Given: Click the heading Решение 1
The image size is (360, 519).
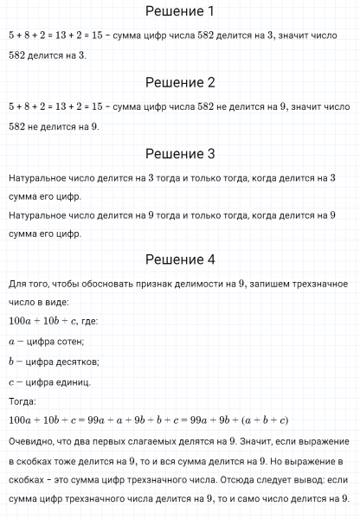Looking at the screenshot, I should point(179,12).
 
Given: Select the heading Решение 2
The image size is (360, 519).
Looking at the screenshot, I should point(179,83).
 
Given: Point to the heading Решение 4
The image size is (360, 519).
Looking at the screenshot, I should point(179,259).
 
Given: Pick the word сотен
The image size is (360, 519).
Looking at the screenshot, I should point(84,342).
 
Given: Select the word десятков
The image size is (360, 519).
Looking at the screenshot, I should point(75,362).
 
